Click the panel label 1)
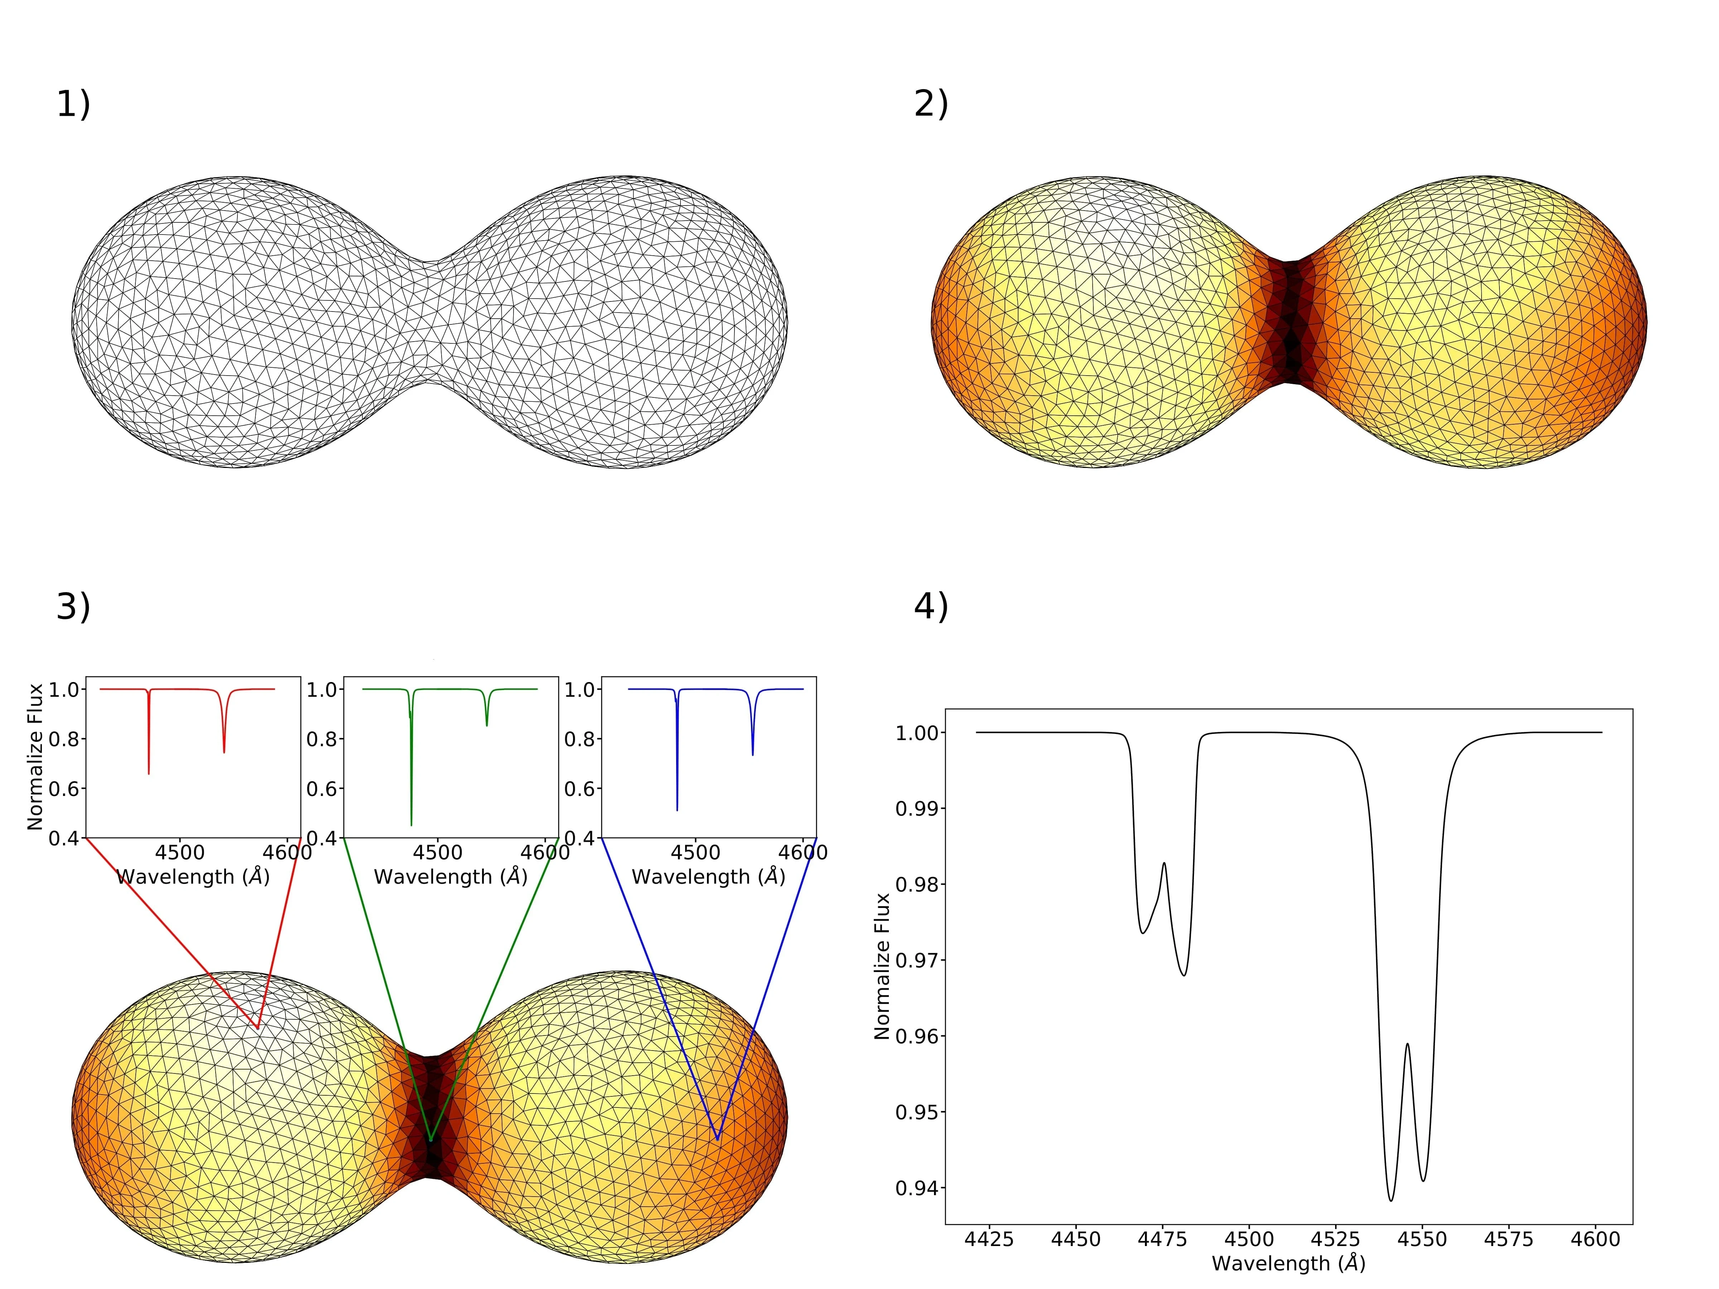(x=73, y=105)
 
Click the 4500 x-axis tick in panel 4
(x=1249, y=1239)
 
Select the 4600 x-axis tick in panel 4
(x=1595, y=1239)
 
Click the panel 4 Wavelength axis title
(x=1289, y=1264)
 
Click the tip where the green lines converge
(x=430, y=1141)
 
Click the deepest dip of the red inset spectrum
(x=148, y=773)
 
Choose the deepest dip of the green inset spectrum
(x=411, y=824)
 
